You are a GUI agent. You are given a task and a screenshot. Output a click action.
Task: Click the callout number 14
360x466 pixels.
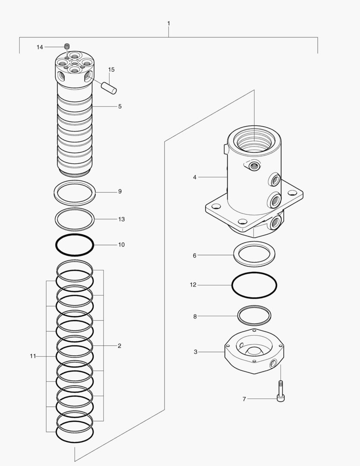(x=40, y=47)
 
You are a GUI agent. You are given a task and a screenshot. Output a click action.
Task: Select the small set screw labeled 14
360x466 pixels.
(x=67, y=47)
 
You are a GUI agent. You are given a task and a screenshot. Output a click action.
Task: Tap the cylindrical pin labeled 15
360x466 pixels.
(x=110, y=86)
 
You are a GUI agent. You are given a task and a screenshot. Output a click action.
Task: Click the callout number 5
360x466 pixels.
(x=120, y=106)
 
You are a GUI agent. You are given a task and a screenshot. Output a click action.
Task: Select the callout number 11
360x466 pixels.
(x=33, y=356)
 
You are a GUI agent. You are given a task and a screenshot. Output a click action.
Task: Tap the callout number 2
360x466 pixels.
(x=119, y=346)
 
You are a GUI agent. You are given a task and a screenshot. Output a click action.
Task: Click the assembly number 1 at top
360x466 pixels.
(x=169, y=23)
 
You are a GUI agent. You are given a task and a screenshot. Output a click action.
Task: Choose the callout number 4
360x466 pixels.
(x=194, y=177)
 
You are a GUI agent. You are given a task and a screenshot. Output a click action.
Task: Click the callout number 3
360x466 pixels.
(x=195, y=352)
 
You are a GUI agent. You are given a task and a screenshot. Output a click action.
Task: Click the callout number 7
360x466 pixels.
(x=244, y=399)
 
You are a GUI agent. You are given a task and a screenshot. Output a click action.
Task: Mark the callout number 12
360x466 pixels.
(x=193, y=285)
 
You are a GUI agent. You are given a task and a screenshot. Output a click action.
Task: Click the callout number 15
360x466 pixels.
(x=111, y=69)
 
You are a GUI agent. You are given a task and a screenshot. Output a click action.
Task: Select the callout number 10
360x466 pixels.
(x=121, y=245)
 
